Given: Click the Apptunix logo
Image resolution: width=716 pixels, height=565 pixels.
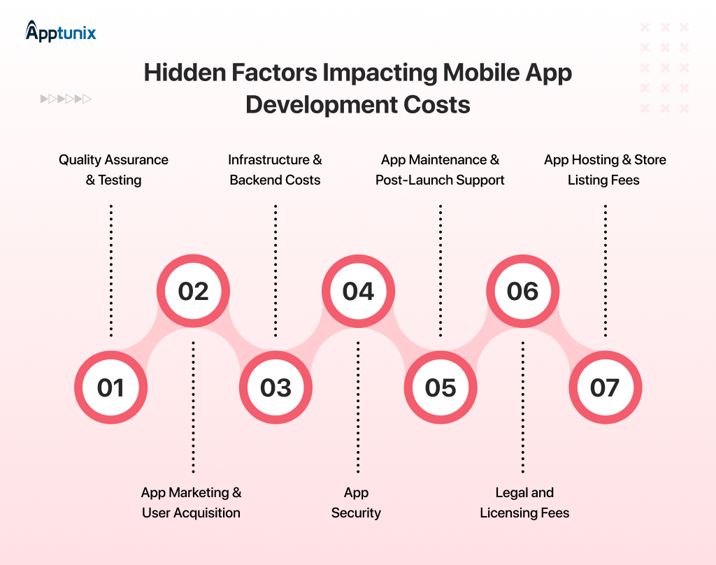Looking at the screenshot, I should coord(61,31).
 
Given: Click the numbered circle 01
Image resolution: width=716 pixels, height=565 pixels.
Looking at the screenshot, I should coord(110,387).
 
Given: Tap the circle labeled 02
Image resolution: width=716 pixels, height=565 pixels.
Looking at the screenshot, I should coord(193,291).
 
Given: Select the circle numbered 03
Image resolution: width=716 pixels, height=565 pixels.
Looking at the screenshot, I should coord(275,387).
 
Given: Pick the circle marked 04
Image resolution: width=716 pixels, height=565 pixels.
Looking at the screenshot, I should coord(358,291).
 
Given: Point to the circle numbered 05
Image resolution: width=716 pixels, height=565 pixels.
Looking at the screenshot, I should coord(441,387).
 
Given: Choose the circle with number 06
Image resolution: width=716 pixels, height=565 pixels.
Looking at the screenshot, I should coord(523,291).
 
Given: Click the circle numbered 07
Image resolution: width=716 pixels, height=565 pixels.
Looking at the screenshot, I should coord(605,387).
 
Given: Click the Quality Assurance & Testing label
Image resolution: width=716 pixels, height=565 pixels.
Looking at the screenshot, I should coord(113,170).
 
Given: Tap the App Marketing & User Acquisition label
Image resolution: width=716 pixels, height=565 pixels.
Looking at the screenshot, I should coord(191,503).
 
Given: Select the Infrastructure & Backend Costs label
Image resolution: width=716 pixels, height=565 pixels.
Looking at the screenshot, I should coord(275,170).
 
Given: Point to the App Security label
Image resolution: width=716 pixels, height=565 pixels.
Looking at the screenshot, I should coord(356,503).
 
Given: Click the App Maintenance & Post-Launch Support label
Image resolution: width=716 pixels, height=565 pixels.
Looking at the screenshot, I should coord(440,170).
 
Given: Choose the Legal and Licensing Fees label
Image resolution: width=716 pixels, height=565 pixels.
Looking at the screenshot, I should coord(524,503).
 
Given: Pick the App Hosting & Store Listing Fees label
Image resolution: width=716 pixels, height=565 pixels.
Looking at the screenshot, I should coord(605,170).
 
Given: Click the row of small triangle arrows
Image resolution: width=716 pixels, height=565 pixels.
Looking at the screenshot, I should coord(66,99).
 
